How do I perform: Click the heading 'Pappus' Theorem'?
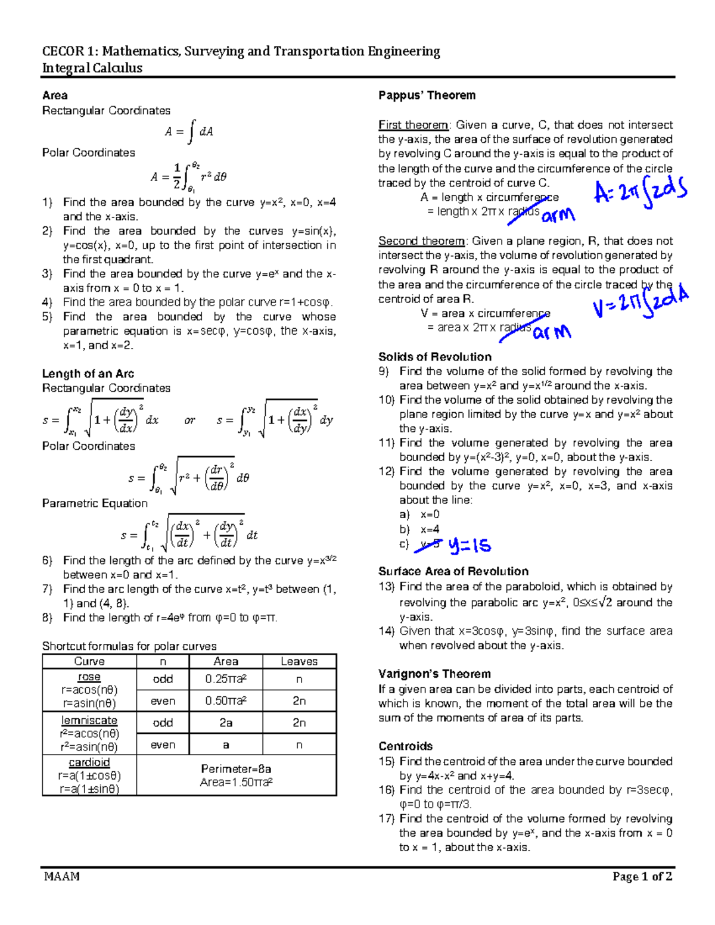coord(427,95)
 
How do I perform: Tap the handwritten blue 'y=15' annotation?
coord(470,546)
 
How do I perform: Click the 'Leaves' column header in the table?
coord(299,662)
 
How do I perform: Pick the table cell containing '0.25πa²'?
coord(226,680)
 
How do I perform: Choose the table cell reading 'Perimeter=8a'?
coord(236,769)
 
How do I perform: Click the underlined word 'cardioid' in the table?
coord(89,763)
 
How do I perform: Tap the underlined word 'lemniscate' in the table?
coord(89,721)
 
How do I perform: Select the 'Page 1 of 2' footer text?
coord(642,876)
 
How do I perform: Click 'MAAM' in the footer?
coord(61,876)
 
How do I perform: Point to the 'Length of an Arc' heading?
coord(88,374)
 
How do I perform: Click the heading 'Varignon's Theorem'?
coord(434,674)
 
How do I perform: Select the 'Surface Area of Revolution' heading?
coord(453,571)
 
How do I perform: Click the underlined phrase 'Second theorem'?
coord(421,241)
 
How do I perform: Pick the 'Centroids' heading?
coord(405,746)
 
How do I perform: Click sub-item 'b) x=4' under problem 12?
coord(419,530)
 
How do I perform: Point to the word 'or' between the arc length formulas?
coord(189,421)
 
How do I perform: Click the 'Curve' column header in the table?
coord(89,662)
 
